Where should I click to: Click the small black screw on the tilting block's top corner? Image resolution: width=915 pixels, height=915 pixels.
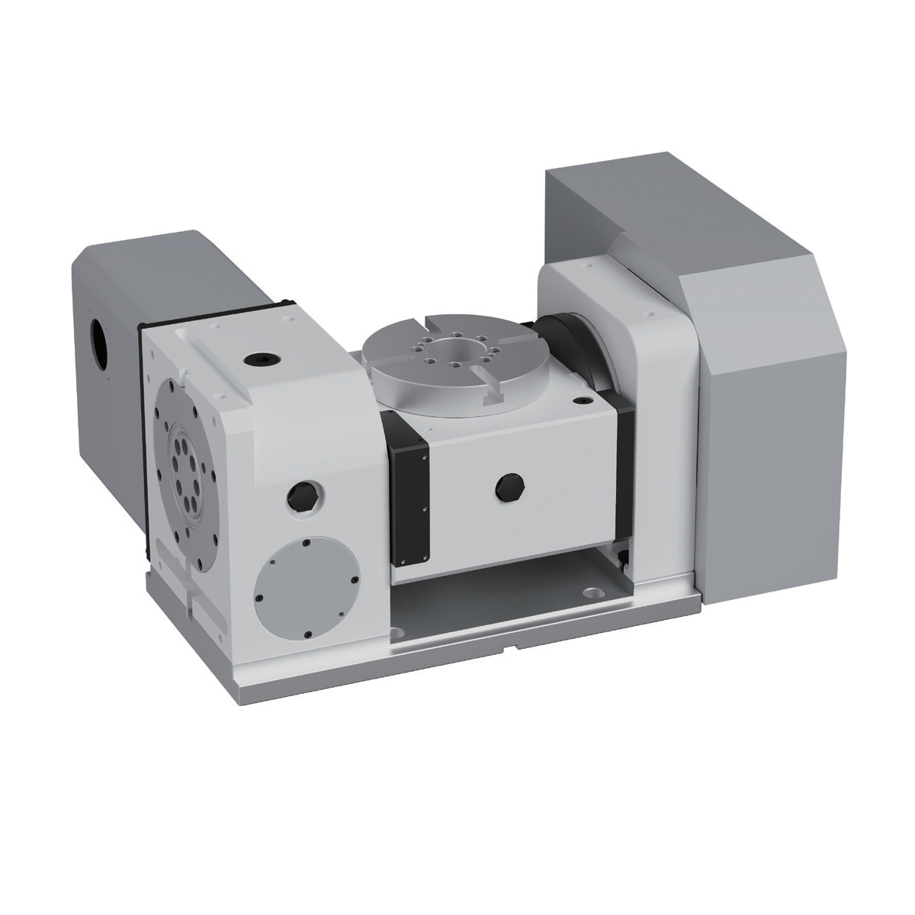click(583, 400)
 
